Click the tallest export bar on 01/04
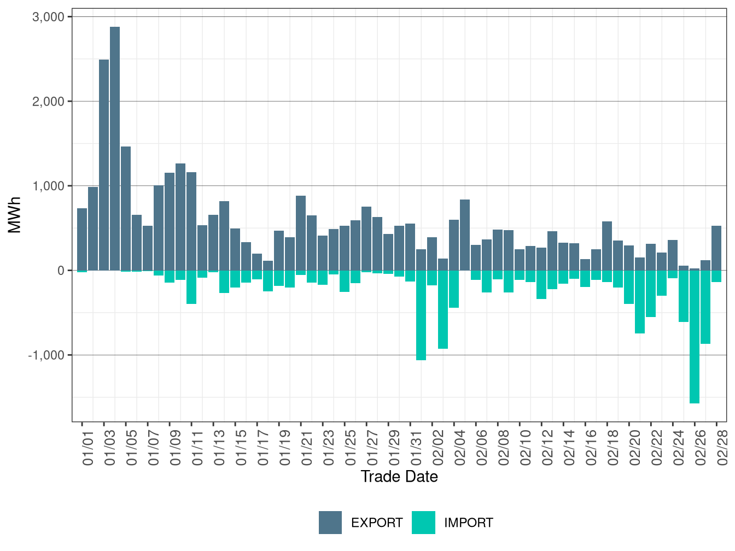(115, 148)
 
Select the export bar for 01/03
(104, 164)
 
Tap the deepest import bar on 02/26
(695, 337)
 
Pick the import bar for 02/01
(421, 315)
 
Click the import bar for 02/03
(443, 309)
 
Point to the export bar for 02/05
(465, 235)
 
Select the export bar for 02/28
(716, 248)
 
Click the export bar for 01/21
(301, 233)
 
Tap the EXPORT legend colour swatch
(330, 523)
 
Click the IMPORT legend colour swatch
(424, 523)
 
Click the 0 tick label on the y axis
(61, 271)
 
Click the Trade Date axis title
(399, 477)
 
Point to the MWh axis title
(15, 215)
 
